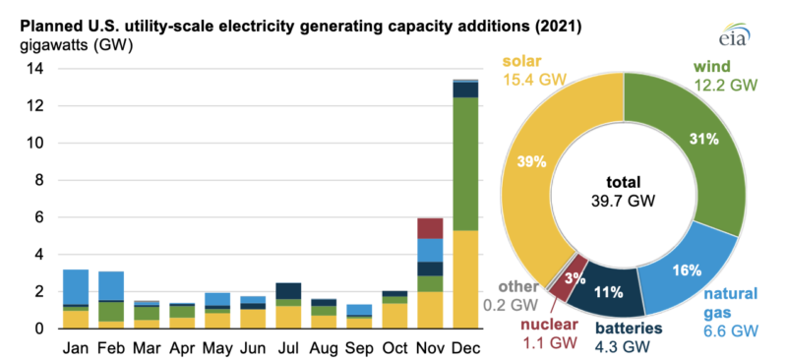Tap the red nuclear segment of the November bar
[428, 228]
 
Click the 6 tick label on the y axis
[39, 217]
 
